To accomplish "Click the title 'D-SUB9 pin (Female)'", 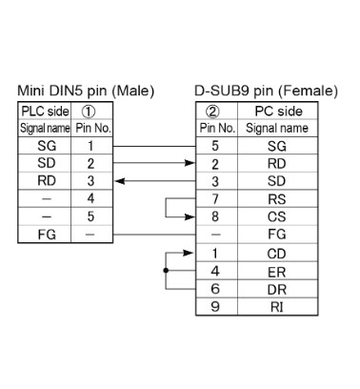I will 267,91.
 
